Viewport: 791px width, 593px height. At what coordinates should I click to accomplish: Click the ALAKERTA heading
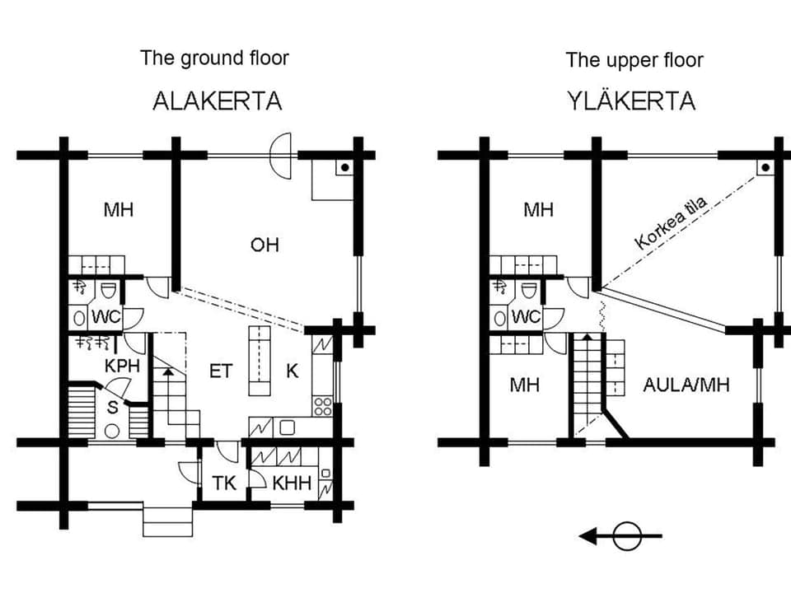pos(218,100)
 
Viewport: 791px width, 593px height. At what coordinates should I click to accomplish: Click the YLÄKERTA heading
pos(631,100)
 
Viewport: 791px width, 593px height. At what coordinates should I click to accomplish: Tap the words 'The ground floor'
pos(214,58)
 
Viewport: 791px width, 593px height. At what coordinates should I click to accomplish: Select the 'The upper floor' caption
pos(634,59)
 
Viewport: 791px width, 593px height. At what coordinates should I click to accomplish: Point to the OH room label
pos(265,245)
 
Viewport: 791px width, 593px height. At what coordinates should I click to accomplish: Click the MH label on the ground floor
pos(119,209)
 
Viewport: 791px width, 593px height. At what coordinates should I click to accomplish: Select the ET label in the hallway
pos(220,371)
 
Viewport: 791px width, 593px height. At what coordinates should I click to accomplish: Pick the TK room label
pos(225,483)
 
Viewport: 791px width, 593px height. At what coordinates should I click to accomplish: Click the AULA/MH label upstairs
pos(687,384)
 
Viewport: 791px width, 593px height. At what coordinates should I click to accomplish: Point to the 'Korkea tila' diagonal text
pos(672,223)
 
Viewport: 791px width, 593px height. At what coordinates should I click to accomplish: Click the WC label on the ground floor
pos(105,317)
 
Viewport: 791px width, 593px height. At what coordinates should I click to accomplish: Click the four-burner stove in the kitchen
pos(322,406)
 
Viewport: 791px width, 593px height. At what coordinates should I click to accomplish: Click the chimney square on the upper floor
pos(765,167)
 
